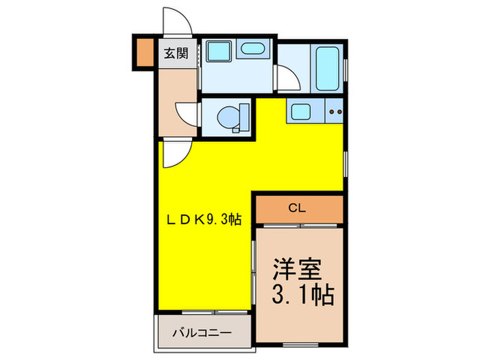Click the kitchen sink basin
300,110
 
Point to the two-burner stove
334,111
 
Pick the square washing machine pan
219,51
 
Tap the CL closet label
297,208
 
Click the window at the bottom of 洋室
300,341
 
